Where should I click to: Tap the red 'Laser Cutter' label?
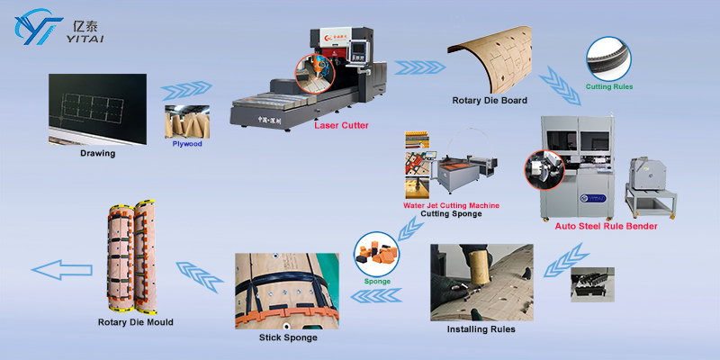point(341,126)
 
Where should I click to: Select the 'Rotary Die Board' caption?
point(490,100)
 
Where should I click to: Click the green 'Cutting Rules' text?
point(609,86)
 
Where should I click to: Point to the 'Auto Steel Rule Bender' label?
point(606,226)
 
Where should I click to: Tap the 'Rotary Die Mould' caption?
point(135,321)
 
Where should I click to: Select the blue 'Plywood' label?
point(188,143)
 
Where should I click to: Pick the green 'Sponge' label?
point(377,280)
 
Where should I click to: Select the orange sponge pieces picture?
point(376,252)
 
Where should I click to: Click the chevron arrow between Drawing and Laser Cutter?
point(186,89)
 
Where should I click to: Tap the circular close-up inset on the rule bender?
point(544,173)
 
